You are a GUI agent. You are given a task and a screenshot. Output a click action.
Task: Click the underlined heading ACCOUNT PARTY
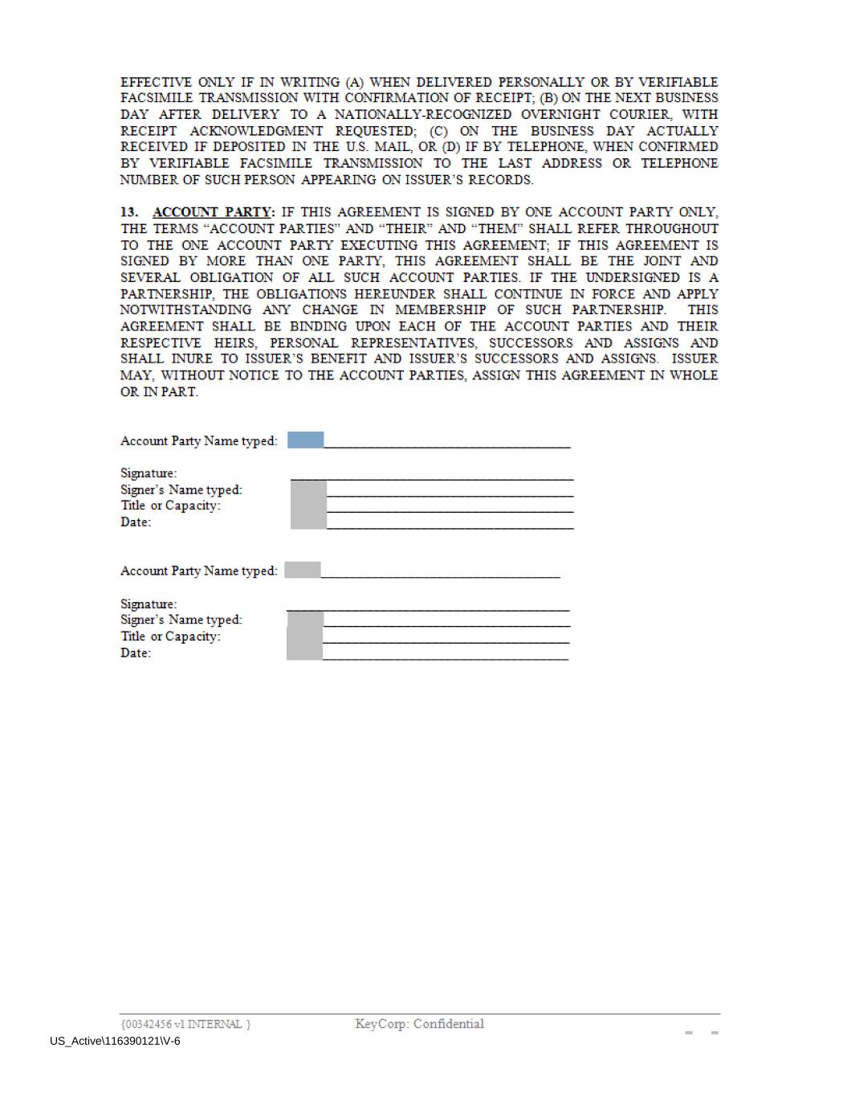(x=212, y=212)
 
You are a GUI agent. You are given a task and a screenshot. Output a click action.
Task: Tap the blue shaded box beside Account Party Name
(x=305, y=440)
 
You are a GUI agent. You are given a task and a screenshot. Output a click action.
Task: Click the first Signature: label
(x=149, y=473)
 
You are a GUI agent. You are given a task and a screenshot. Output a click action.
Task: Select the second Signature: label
(x=149, y=604)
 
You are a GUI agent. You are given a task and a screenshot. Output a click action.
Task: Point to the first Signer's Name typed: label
(x=181, y=489)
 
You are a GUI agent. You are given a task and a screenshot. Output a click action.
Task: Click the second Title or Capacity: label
(x=170, y=637)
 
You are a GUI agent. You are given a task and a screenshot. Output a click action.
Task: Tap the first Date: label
(x=136, y=522)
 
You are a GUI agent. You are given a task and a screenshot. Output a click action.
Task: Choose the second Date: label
(x=136, y=653)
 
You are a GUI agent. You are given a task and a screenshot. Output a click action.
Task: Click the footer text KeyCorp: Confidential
(x=419, y=1024)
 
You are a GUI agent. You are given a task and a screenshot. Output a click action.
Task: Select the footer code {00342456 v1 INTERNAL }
(x=185, y=1024)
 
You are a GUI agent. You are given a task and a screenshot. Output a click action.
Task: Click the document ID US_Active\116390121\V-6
(x=115, y=1042)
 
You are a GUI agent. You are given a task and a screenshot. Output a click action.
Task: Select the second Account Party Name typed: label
(x=199, y=571)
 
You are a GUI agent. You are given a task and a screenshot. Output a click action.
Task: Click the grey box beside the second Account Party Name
(x=303, y=570)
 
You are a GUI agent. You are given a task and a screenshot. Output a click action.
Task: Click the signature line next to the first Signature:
(x=432, y=478)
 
